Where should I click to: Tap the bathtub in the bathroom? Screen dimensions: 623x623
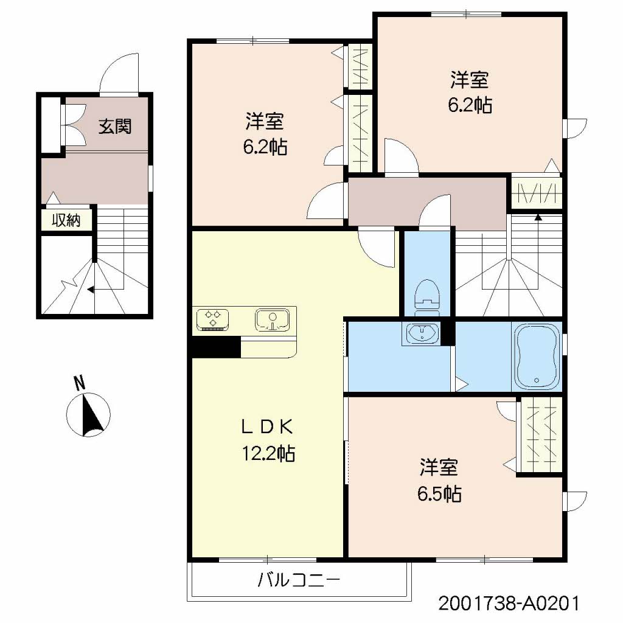(537, 357)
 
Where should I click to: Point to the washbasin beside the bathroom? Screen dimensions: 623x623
(420, 334)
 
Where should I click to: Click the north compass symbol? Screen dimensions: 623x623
(89, 415)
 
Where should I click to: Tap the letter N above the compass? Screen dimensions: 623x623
(78, 383)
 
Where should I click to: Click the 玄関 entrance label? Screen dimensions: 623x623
(115, 126)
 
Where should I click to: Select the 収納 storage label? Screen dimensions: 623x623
(66, 220)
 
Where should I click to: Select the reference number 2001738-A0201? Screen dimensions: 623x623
(508, 604)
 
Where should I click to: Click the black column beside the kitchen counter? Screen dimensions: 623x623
(216, 347)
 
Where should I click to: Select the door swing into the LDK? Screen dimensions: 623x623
(377, 246)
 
